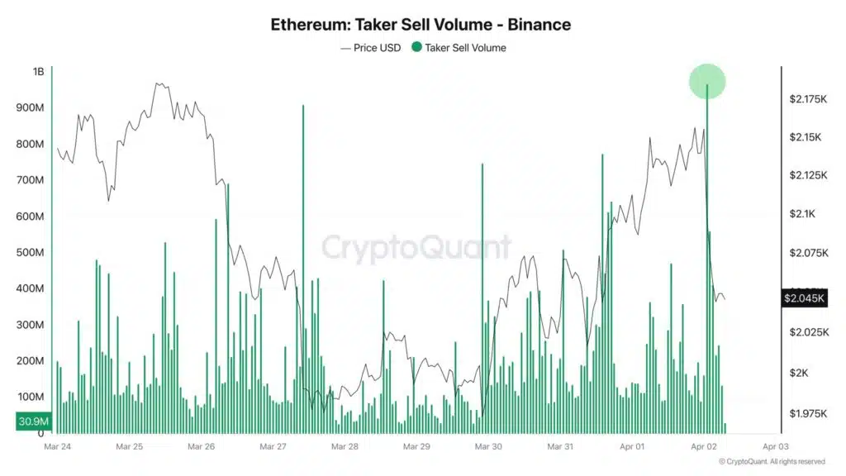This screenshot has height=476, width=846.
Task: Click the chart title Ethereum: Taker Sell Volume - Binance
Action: point(421,24)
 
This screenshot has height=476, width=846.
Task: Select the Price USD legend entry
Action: point(371,48)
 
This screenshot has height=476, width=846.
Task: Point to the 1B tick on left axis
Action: point(38,72)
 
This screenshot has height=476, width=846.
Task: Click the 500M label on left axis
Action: point(31,252)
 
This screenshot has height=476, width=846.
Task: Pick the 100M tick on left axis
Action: point(31,397)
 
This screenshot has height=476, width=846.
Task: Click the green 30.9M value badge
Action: point(32,422)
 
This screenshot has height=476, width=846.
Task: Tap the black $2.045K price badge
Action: point(804,298)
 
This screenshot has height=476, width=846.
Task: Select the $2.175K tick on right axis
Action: point(807,99)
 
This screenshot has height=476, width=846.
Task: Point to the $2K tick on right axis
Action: point(799,373)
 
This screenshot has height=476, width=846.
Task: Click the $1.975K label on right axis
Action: point(807,413)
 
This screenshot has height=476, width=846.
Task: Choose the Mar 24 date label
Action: point(57,446)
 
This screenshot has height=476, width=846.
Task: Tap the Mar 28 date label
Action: point(345,446)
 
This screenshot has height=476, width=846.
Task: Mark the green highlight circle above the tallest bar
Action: point(707,81)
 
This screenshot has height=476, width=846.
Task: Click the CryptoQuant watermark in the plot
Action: point(416,248)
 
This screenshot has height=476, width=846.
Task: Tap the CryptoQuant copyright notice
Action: point(772,462)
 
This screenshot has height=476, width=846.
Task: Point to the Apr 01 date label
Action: point(633,446)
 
